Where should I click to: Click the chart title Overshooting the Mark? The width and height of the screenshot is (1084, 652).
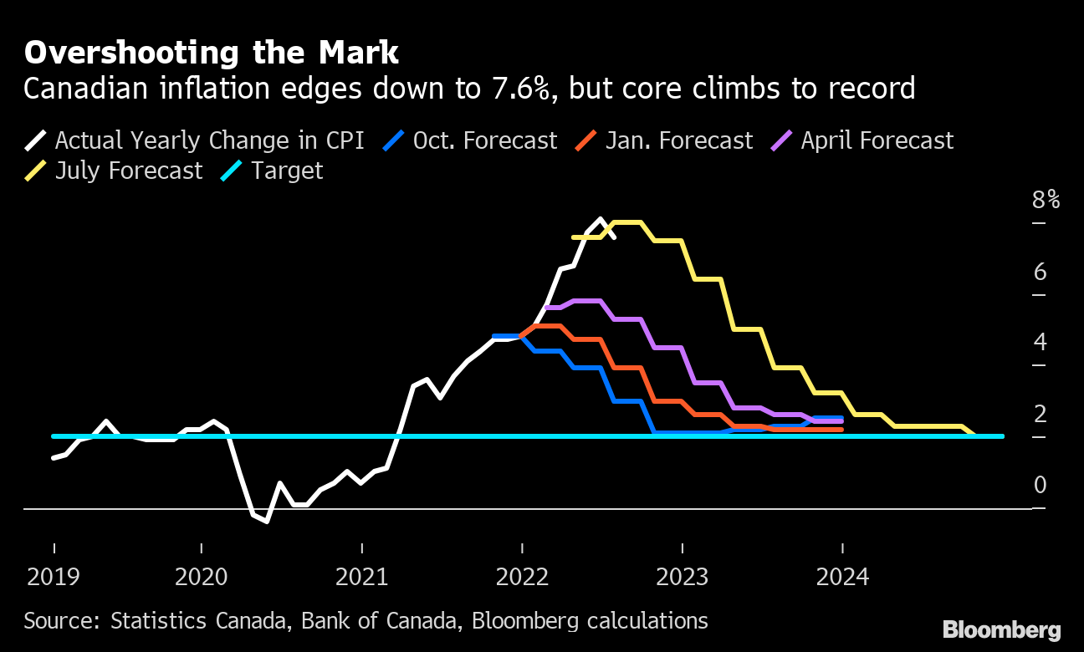tap(211, 53)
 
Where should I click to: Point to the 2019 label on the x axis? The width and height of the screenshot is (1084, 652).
tap(54, 577)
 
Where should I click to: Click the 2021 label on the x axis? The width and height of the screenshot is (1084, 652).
tap(361, 577)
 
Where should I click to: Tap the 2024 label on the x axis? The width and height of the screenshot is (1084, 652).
tap(842, 577)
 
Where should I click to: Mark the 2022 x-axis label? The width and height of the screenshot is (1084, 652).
tap(522, 577)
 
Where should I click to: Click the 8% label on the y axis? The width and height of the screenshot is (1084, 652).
tap(1046, 201)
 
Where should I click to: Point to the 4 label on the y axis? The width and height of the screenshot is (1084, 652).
tap(1040, 342)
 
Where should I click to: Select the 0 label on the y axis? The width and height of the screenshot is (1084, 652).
tap(1040, 485)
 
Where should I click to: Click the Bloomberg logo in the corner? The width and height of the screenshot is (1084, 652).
tap(1001, 630)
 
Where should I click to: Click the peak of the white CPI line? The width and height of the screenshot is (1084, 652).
tap(601, 220)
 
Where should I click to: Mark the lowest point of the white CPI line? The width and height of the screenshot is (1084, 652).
tap(266, 522)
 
